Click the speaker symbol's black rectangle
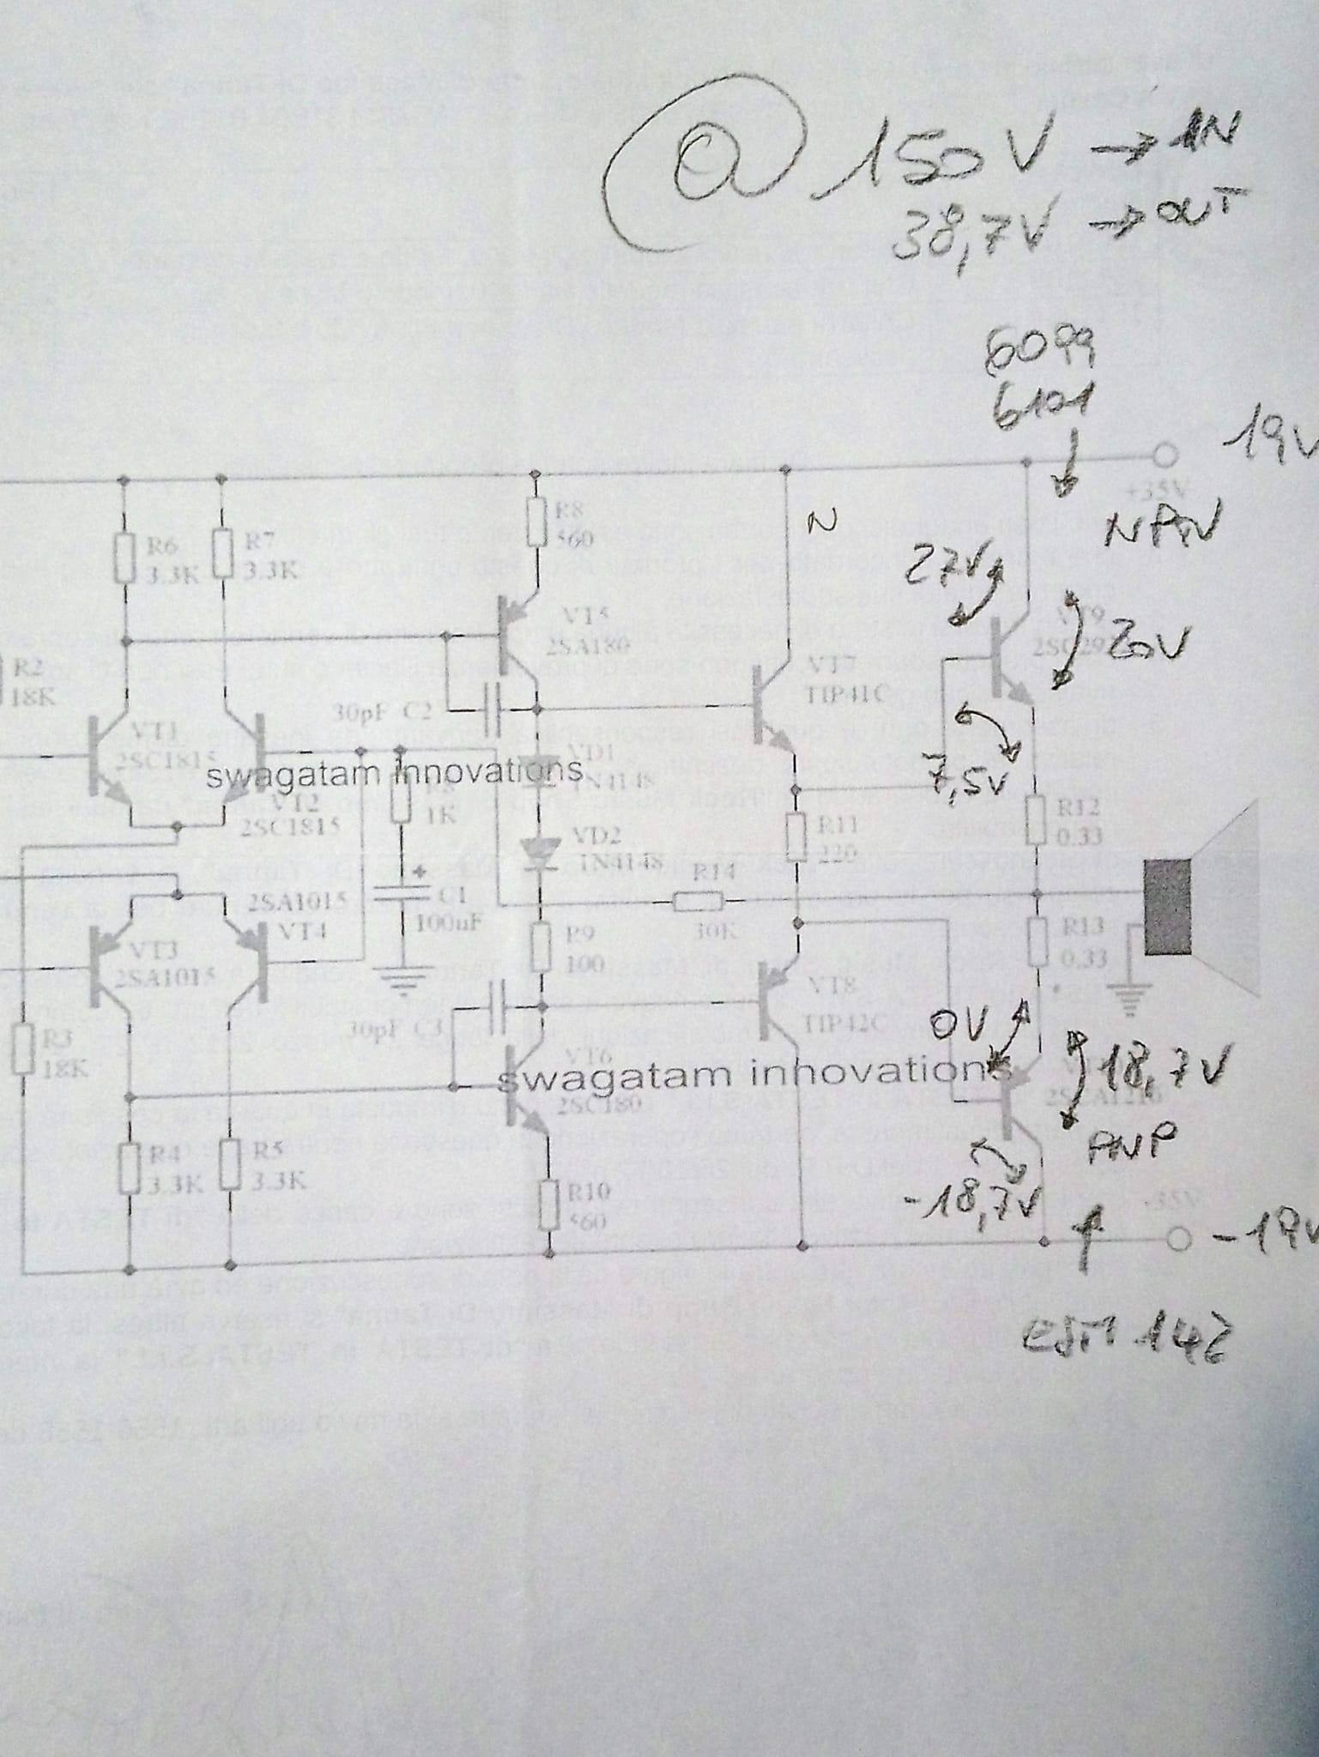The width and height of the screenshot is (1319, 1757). (1168, 910)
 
